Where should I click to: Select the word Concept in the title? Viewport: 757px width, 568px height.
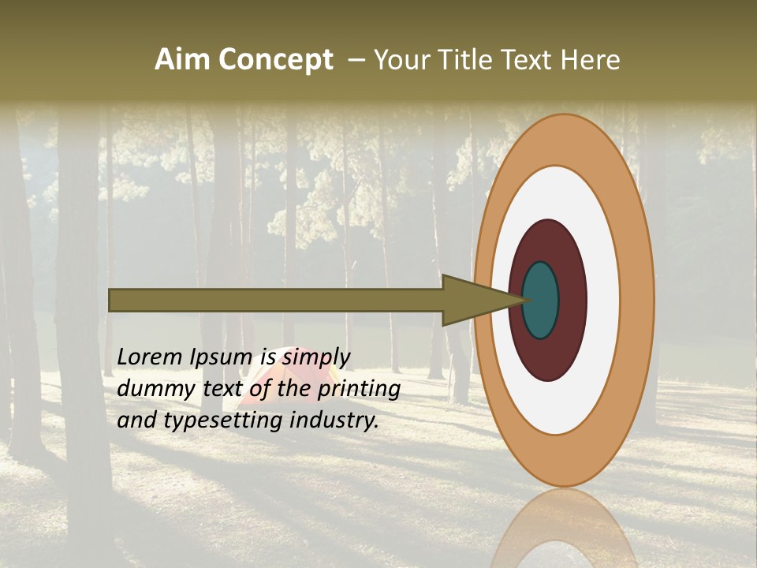(275, 60)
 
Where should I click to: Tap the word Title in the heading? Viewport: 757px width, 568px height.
(469, 60)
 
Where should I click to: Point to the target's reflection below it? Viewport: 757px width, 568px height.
(563, 529)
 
